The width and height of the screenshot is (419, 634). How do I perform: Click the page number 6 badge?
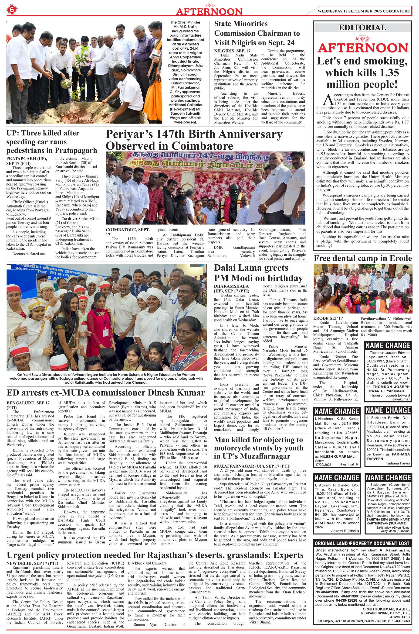[x=12, y=10]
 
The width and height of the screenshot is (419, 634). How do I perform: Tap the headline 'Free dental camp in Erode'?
[x=362, y=258]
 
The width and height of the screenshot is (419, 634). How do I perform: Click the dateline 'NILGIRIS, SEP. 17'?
[x=232, y=51]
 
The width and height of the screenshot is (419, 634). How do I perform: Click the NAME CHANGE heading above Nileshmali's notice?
[x=336, y=411]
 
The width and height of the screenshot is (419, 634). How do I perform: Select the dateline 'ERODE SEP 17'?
[x=328, y=318]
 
